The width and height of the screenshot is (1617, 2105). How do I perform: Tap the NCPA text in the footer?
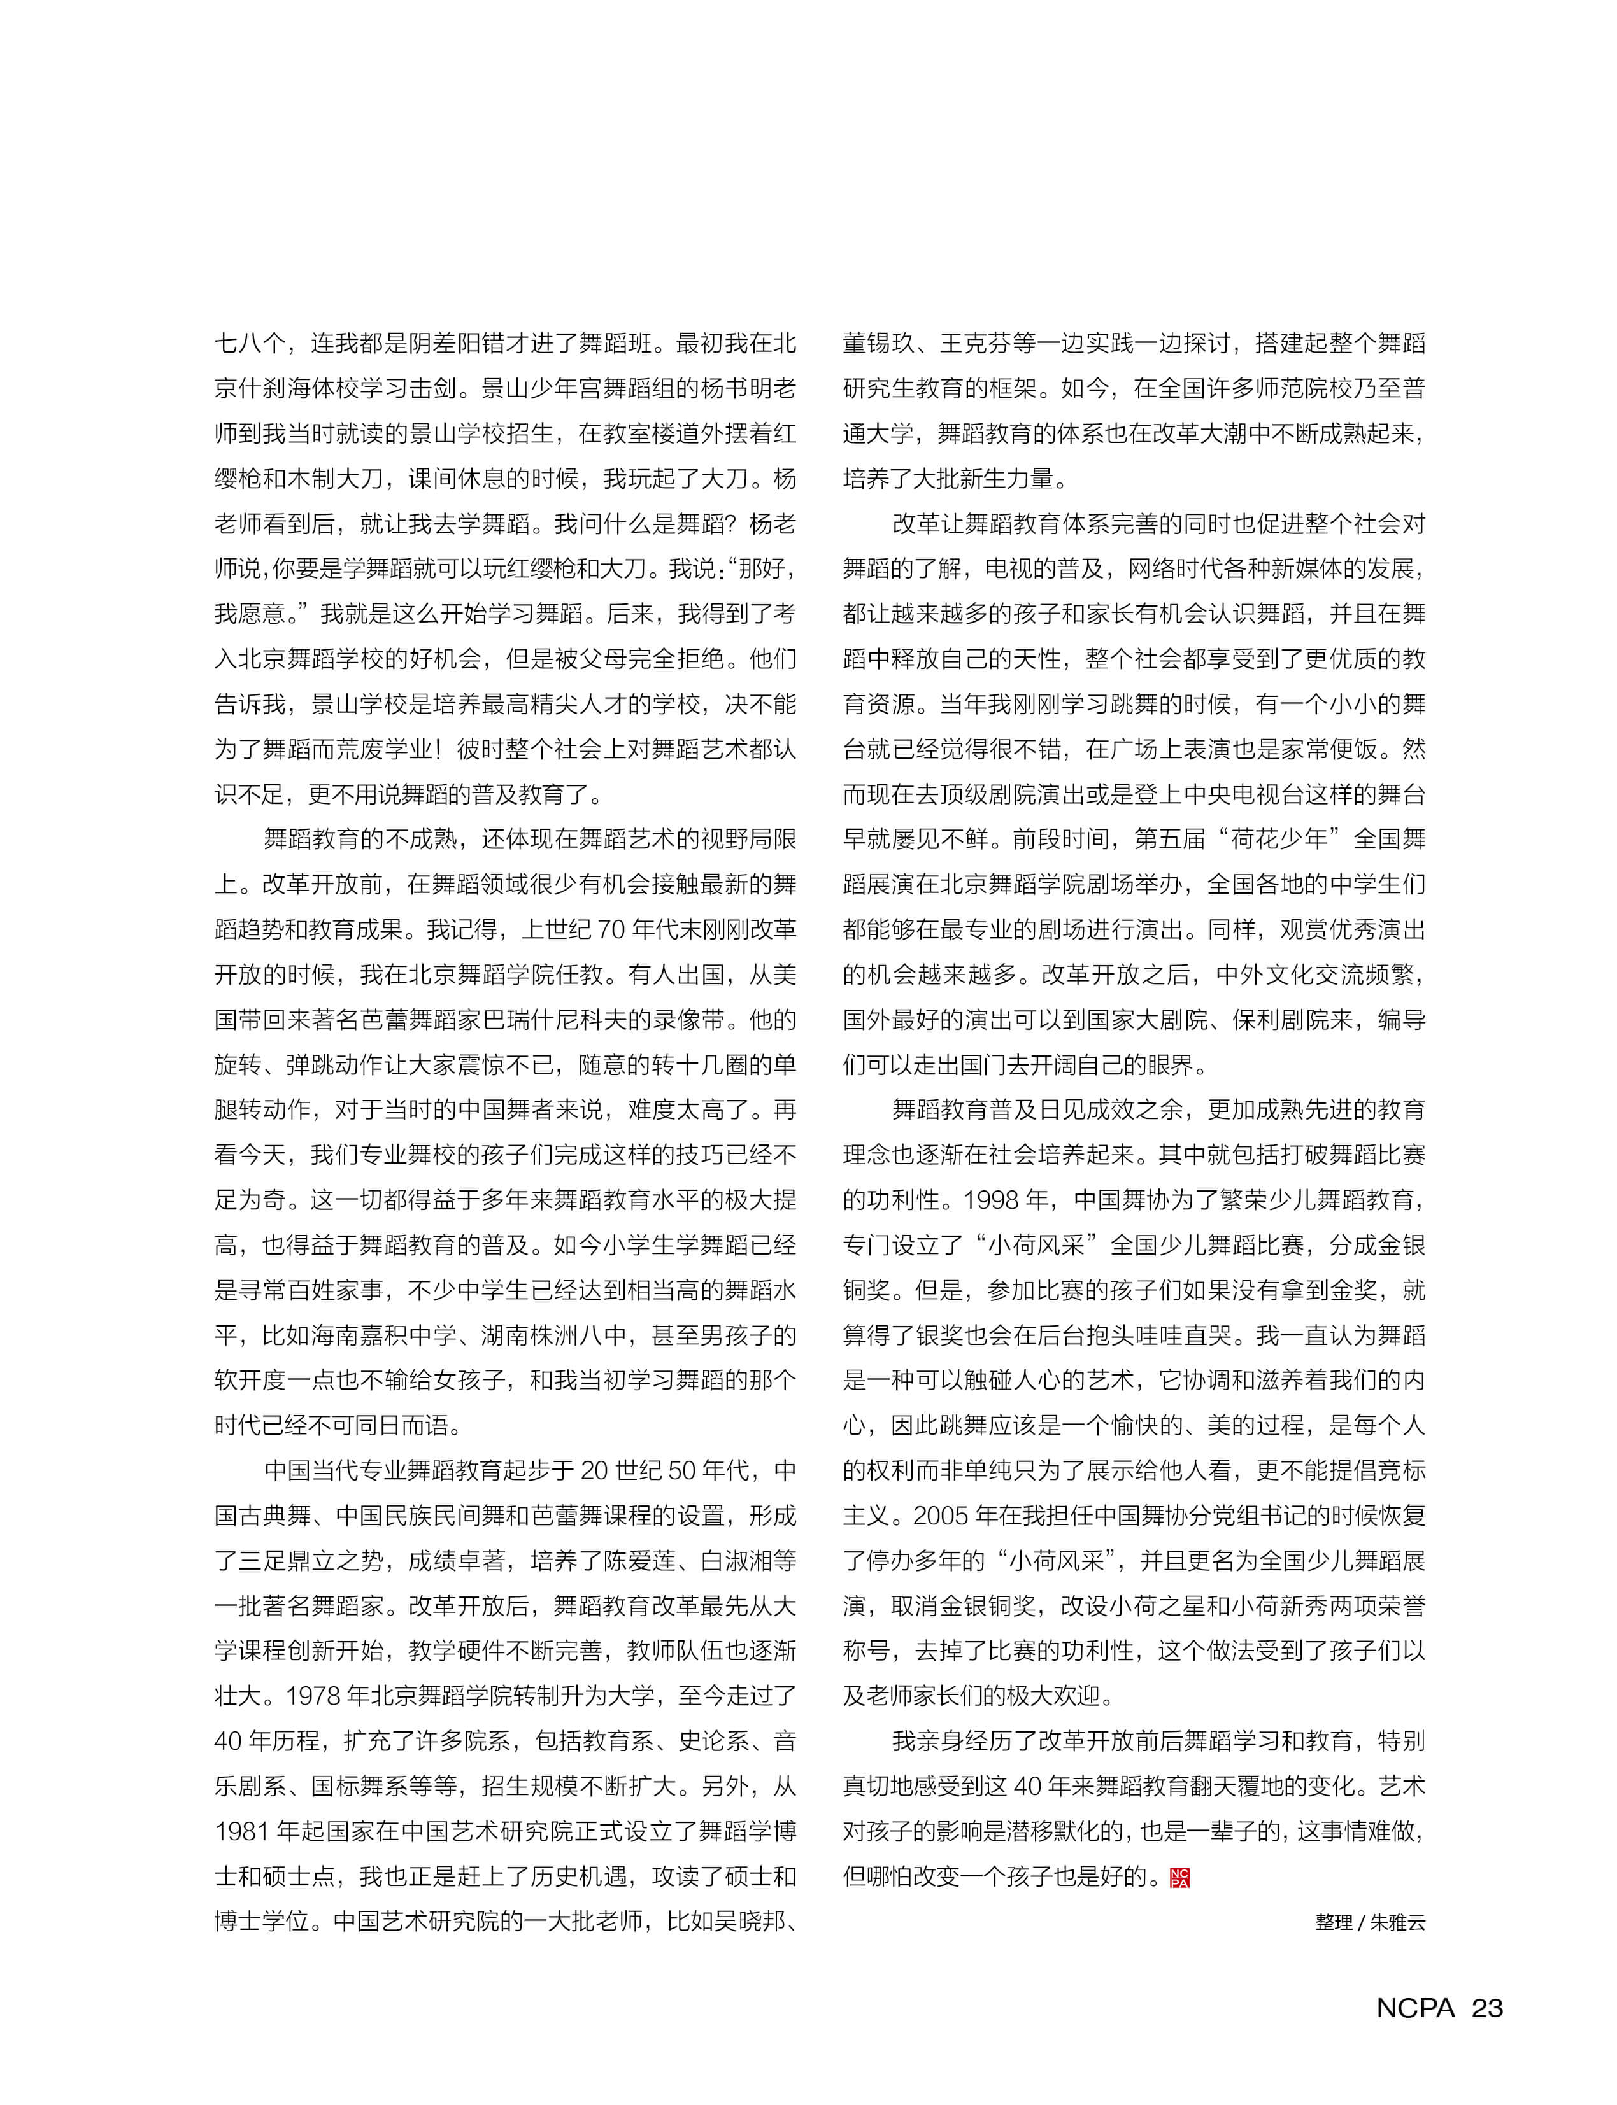(x=1415, y=2008)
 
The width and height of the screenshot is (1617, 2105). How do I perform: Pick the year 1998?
(x=994, y=1200)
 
